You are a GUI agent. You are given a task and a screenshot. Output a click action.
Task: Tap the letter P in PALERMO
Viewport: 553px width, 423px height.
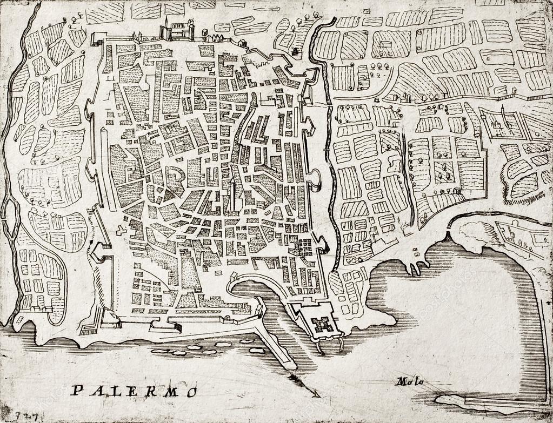[77, 390]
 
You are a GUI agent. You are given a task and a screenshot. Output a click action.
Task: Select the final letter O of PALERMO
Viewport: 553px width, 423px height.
[191, 392]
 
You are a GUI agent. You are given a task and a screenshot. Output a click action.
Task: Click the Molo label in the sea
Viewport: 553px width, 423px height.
[409, 382]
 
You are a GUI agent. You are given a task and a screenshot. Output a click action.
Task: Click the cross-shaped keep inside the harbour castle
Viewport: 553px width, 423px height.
[323, 324]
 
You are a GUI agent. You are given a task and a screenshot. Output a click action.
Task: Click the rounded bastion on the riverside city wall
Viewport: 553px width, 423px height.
[315, 179]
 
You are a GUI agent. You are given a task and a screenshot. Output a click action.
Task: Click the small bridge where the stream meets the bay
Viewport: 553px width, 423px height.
[448, 236]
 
